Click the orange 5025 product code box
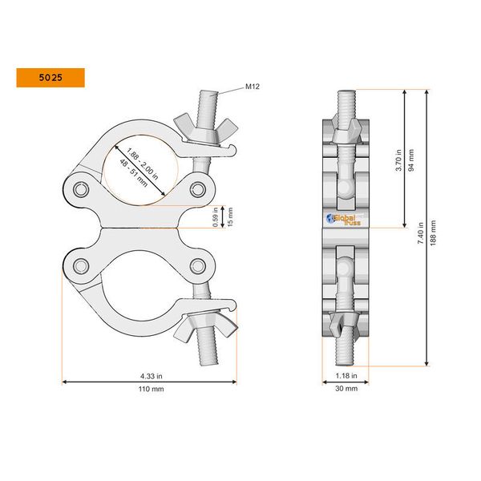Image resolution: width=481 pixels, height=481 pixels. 49,78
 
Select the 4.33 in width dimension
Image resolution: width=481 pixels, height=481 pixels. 149,374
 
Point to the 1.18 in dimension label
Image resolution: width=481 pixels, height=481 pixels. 346,374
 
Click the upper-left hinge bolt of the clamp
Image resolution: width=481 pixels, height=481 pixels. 80,189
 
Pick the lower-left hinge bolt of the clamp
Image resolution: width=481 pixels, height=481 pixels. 80,265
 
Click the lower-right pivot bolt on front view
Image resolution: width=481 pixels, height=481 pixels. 196,265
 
